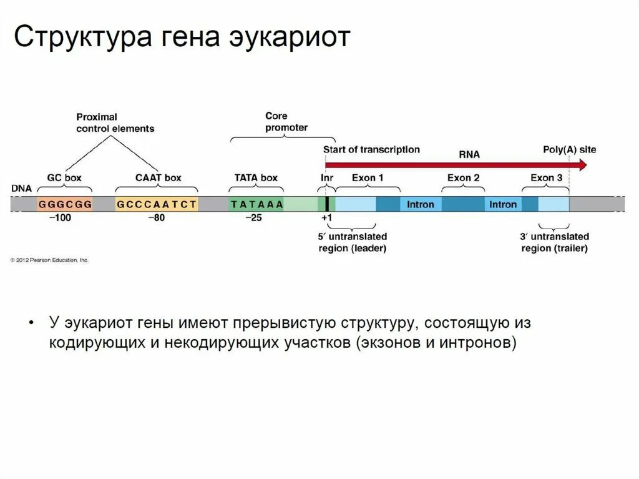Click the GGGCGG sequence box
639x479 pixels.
click(65, 204)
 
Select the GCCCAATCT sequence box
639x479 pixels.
click(157, 204)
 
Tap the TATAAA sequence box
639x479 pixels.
click(256, 204)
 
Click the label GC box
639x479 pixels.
click(64, 178)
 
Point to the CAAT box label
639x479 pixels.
click(158, 178)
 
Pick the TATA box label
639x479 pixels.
click(256, 178)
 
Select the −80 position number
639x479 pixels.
click(156, 218)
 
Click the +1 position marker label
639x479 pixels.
click(326, 218)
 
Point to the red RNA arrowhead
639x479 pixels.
click(582, 165)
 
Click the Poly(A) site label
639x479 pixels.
click(569, 150)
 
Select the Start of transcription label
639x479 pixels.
click(371, 150)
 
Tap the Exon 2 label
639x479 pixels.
click(463, 178)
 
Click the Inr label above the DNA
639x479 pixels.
click(327, 178)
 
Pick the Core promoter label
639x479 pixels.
click(286, 122)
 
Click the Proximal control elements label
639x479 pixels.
click(115, 122)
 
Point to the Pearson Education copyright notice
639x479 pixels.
click(49, 260)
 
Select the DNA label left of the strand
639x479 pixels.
click(21, 188)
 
